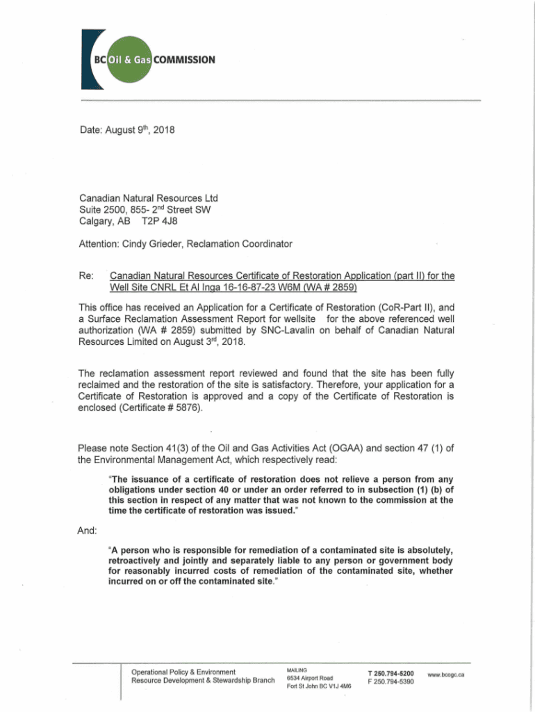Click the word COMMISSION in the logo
click(x=185, y=59)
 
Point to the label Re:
click(x=88, y=276)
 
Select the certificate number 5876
click(x=188, y=407)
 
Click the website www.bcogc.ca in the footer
click(x=446, y=675)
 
